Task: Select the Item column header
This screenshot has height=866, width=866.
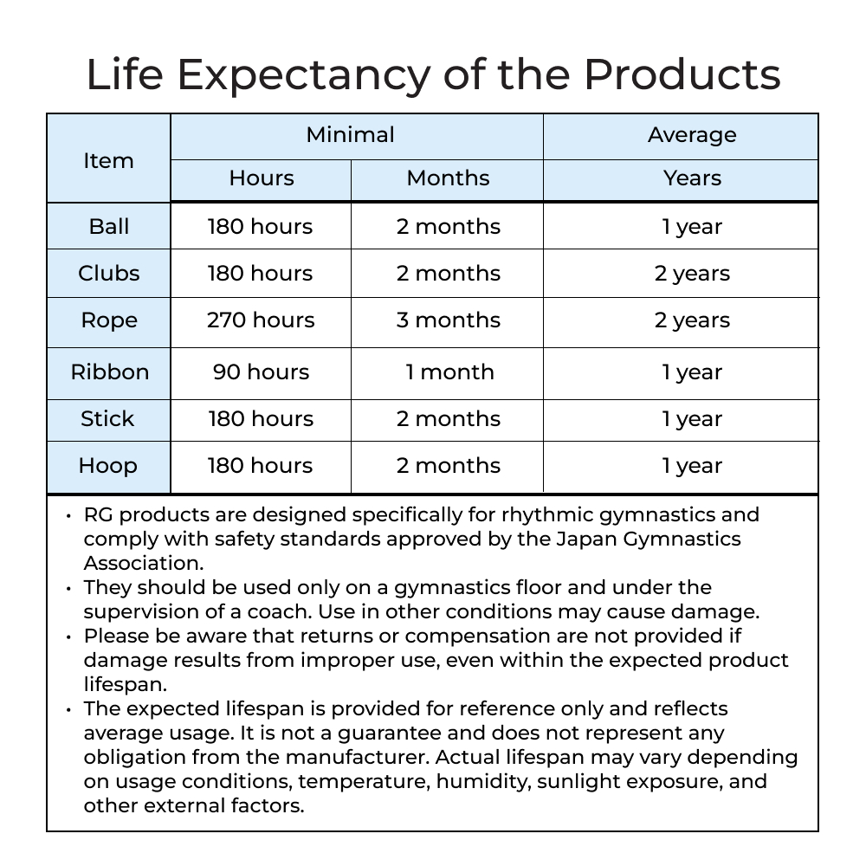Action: click(108, 160)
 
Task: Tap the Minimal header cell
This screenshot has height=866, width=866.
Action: click(350, 135)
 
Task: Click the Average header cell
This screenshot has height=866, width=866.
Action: click(692, 135)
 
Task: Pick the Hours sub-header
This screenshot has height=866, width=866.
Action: click(261, 178)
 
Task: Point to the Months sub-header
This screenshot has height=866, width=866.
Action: click(448, 178)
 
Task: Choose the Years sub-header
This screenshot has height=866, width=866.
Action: click(692, 178)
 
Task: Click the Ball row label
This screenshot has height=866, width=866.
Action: click(108, 227)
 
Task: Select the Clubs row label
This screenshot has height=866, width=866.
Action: click(108, 274)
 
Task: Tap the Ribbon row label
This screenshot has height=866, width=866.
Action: click(109, 372)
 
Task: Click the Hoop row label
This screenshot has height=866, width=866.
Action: click(108, 466)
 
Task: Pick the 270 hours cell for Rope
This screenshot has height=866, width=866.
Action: click(261, 320)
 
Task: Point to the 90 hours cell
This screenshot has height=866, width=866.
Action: click(261, 372)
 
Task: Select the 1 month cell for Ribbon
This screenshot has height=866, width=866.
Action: click(449, 372)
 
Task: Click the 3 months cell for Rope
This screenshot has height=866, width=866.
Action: click(449, 320)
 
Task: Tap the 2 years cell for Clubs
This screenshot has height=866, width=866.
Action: click(692, 274)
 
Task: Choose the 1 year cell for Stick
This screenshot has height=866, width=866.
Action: click(692, 419)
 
